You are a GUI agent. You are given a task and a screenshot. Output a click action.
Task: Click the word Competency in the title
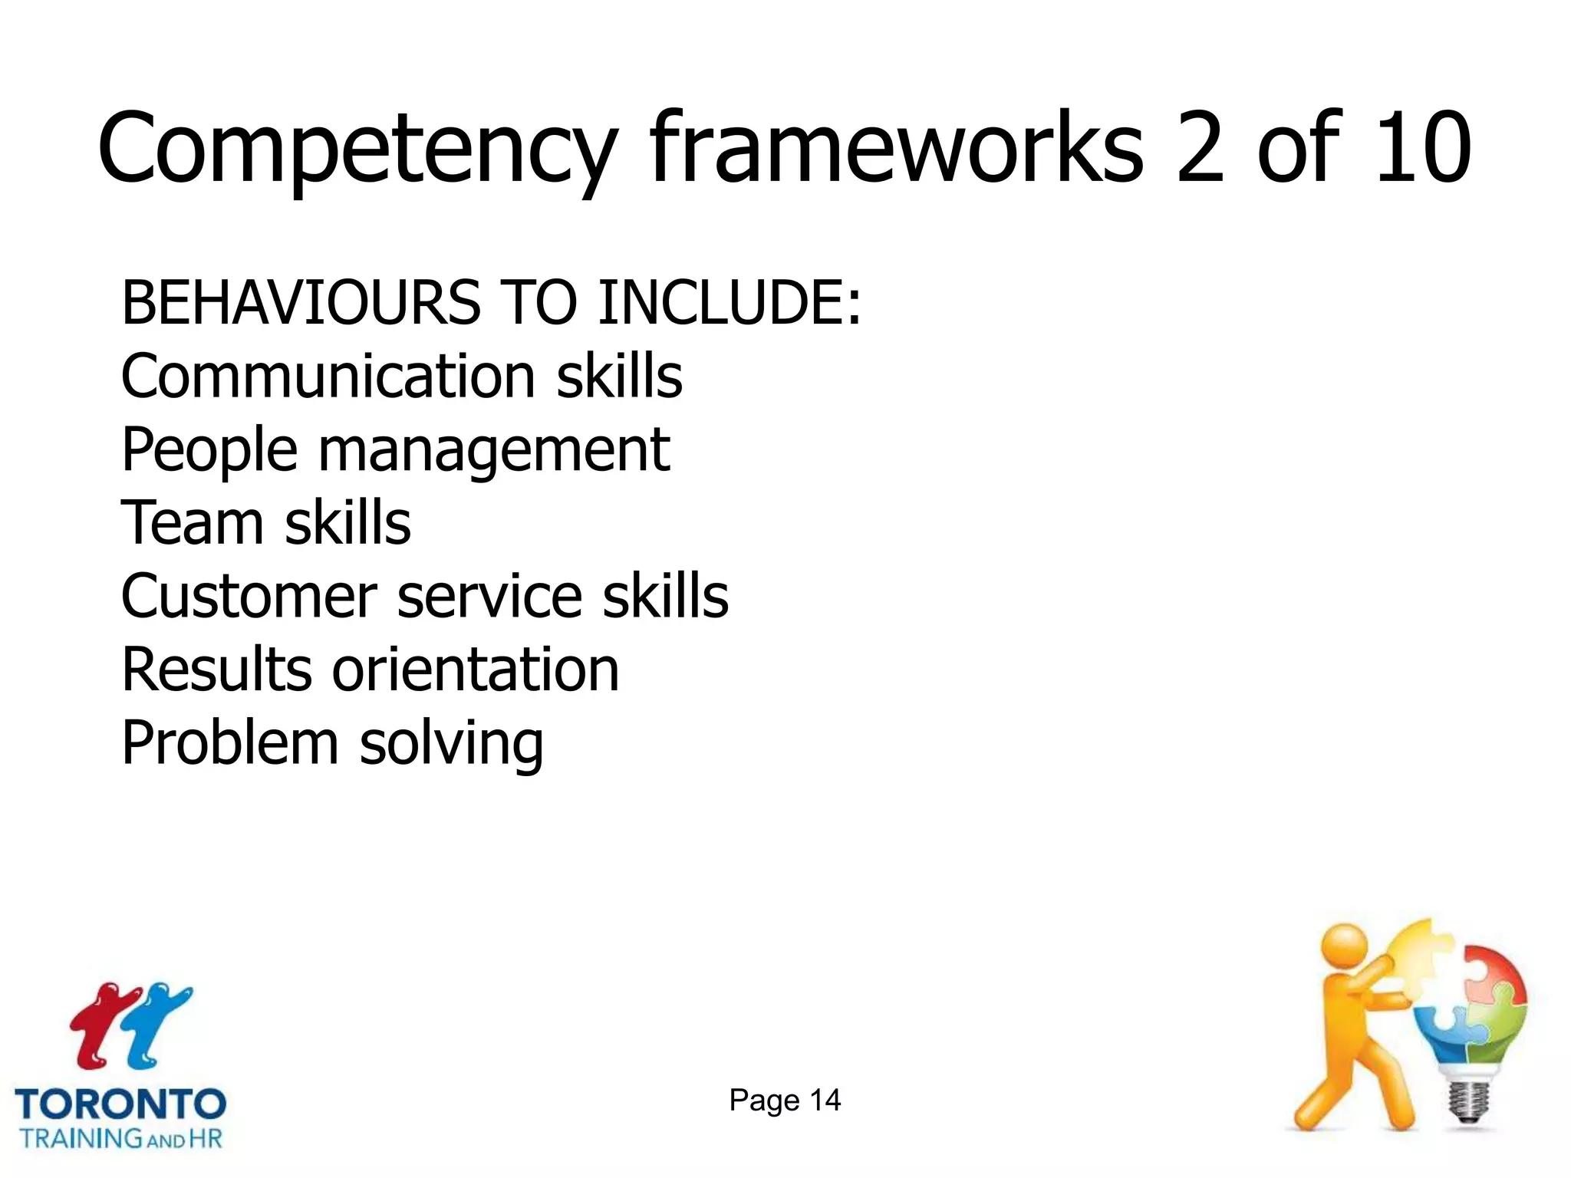[x=357, y=150]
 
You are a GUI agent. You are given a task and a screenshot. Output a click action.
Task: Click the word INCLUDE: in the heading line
[x=730, y=302]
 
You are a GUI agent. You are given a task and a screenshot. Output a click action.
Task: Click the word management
[x=494, y=451]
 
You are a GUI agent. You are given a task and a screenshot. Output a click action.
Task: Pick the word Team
[x=192, y=522]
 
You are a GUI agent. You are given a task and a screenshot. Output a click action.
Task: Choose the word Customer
[x=249, y=596]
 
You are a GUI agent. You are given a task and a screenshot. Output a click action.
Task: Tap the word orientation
[x=475, y=670]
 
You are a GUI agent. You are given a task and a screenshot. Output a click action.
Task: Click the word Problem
[x=229, y=743]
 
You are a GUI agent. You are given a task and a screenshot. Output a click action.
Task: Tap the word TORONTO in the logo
[x=120, y=1104]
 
